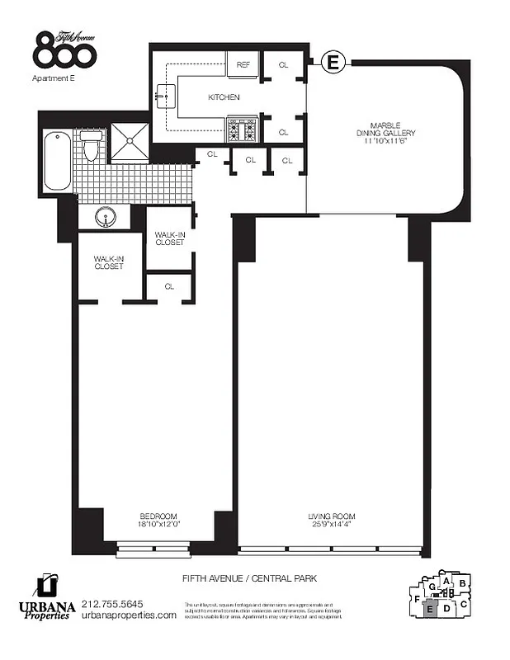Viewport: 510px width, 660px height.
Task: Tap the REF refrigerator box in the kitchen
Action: pos(243,64)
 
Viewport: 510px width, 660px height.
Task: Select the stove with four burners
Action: pos(243,129)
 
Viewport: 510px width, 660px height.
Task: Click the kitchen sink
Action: pos(165,96)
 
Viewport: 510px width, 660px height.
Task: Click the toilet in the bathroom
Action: pos(92,147)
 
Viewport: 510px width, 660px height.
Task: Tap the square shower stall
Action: pos(130,142)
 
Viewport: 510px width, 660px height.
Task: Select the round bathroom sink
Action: pos(105,218)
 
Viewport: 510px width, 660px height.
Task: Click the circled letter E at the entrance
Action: pos(333,62)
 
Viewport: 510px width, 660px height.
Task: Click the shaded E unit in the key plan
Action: pos(429,610)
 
